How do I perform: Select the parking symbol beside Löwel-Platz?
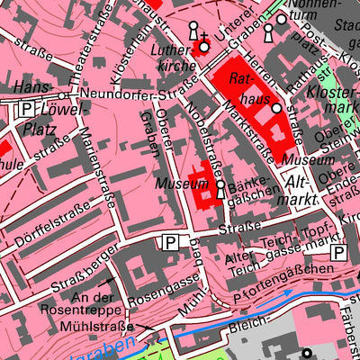pyautogui.click(x=27, y=108)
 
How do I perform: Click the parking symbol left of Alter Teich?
pyautogui.click(x=169, y=241)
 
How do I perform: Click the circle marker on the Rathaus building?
pyautogui.click(x=277, y=110)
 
